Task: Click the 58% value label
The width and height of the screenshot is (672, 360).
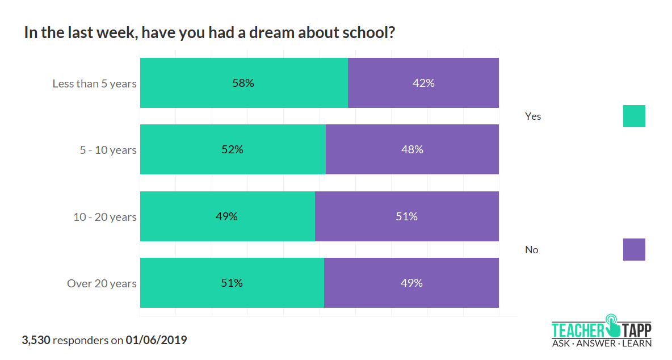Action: (x=243, y=83)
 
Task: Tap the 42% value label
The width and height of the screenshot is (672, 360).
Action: (x=423, y=83)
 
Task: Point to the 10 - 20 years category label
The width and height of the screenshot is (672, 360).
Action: (x=105, y=217)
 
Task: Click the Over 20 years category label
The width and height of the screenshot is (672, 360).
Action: (x=102, y=283)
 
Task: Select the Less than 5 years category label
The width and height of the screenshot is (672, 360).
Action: (x=95, y=83)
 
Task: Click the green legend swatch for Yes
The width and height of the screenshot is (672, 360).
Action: (x=634, y=116)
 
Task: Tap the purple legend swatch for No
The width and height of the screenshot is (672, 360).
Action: (x=634, y=249)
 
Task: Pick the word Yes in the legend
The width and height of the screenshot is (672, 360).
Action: (x=533, y=116)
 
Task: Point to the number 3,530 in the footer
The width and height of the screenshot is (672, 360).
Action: (x=36, y=341)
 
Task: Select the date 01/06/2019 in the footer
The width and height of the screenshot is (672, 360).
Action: (x=156, y=341)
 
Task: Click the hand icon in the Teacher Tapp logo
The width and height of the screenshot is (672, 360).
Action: (x=614, y=325)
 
